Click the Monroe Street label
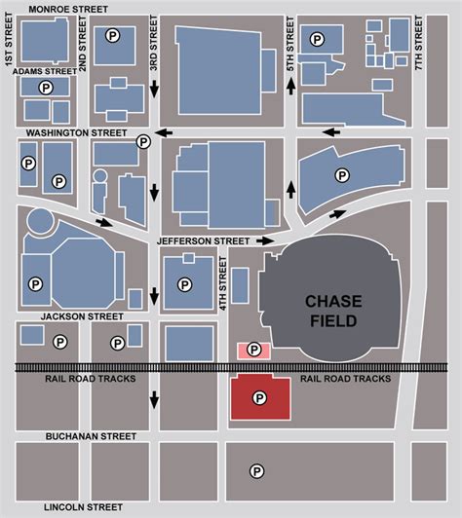(67, 8)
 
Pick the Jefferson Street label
(203, 240)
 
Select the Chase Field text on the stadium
(333, 311)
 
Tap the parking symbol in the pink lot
(254, 349)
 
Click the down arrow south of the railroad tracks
(154, 398)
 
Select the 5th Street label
(289, 45)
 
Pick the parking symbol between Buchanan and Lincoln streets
(256, 471)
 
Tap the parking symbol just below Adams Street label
(44, 87)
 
